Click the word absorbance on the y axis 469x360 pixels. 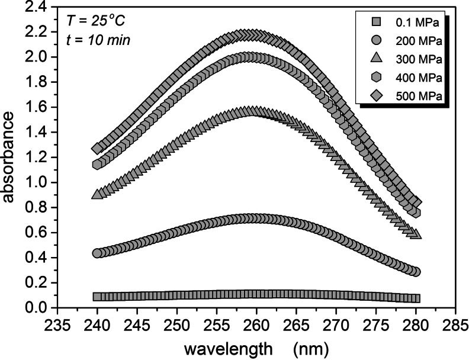[x=10, y=158]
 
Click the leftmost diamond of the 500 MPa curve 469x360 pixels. [x=97, y=149]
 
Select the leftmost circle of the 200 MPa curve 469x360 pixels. [x=97, y=253]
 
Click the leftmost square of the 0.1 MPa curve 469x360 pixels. [x=97, y=297]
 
